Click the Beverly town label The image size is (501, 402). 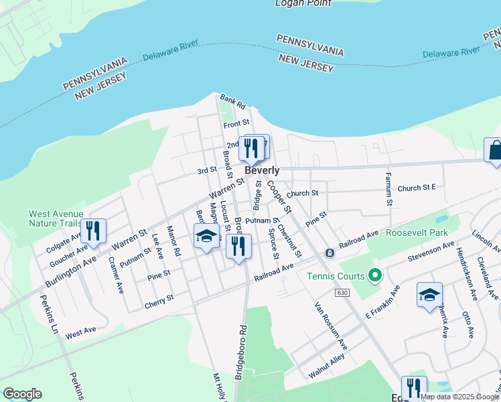tap(261, 171)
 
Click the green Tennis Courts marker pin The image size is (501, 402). tap(375, 275)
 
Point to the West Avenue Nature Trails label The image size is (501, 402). tap(55, 219)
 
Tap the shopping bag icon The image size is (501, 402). tap(494, 150)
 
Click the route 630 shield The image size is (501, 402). tap(343, 293)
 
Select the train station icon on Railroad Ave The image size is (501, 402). tap(330, 253)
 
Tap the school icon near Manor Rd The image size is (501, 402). tap(207, 236)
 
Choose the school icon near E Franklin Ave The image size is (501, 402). tap(429, 294)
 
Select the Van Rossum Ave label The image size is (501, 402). tap(332, 326)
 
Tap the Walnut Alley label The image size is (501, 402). tap(326, 368)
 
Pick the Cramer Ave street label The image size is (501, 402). tap(116, 275)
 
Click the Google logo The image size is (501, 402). tap(22, 394)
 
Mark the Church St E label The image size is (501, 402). tap(417, 188)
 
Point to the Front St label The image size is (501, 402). tap(236, 124)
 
